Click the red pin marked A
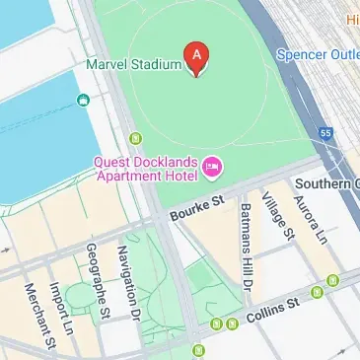tap(197, 57)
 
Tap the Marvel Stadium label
tap(133, 65)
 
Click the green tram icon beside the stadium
tap(136, 136)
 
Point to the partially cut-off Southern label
tap(330, 183)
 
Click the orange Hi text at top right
tap(352, 19)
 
